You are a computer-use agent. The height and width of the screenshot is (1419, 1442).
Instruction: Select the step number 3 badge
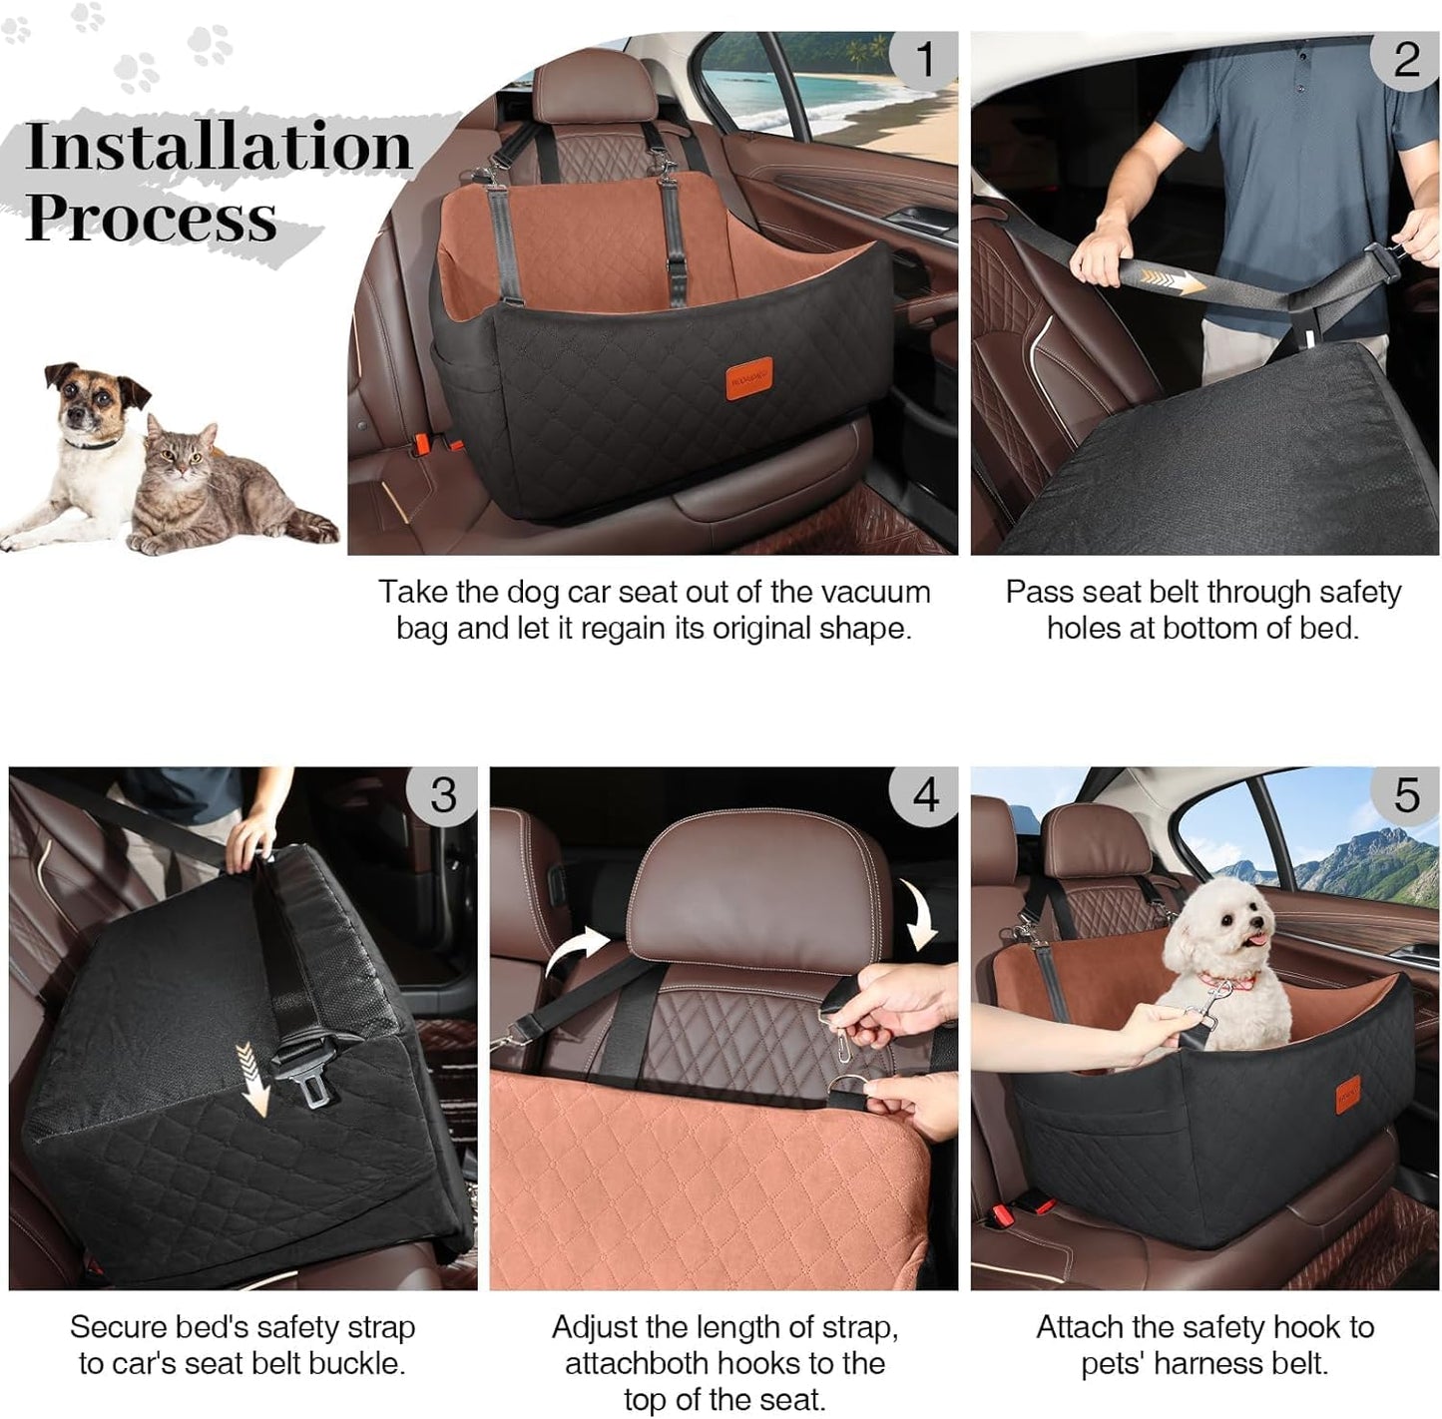pyautogui.click(x=443, y=795)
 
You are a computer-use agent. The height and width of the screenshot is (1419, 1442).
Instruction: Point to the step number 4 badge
pyautogui.click(x=925, y=795)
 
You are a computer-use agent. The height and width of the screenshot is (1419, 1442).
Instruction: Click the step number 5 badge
pyautogui.click(x=1406, y=795)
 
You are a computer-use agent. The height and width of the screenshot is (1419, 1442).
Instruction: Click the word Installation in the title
pyautogui.click(x=219, y=147)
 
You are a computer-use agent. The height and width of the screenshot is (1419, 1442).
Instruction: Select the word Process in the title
pyautogui.click(x=151, y=218)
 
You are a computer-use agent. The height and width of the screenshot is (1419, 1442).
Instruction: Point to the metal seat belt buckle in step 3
pyautogui.click(x=317, y=1083)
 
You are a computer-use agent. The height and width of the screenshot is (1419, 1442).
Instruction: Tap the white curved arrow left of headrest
pyautogui.click(x=579, y=949)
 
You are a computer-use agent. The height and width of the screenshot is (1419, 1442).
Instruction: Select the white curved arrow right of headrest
pyautogui.click(x=919, y=913)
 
